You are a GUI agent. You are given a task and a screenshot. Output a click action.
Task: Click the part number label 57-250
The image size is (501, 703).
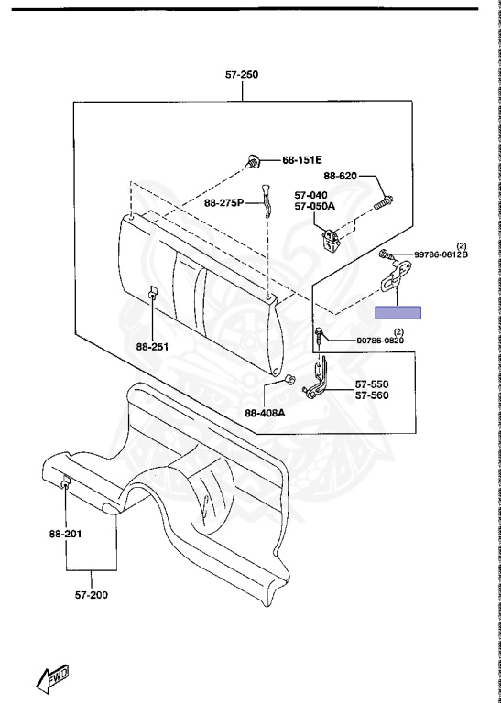242,74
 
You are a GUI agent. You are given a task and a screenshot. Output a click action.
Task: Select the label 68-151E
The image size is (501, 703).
302,160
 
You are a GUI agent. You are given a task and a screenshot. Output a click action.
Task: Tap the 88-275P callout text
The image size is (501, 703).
224,203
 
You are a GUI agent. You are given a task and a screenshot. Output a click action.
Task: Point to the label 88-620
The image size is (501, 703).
341,176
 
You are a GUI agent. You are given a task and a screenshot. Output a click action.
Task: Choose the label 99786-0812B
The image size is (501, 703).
441,254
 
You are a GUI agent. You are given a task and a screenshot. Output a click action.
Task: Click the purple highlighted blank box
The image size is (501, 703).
398,312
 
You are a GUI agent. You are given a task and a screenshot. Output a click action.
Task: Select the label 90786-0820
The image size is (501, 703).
380,341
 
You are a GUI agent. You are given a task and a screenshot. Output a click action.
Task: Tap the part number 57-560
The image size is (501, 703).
372,395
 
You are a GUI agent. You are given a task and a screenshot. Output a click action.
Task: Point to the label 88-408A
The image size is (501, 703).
265,413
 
